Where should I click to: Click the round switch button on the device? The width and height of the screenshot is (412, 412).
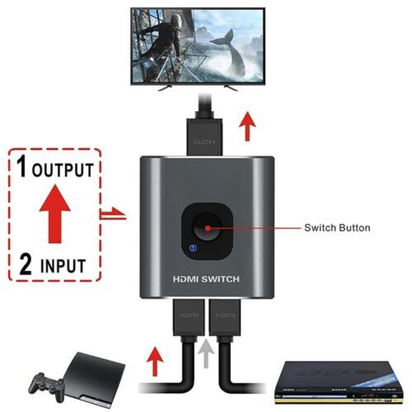point(208,227)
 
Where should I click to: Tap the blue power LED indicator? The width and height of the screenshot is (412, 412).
point(194,248)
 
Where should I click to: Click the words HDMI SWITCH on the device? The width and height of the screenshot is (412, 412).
point(206,279)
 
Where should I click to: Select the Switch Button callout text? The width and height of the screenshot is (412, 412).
point(337,227)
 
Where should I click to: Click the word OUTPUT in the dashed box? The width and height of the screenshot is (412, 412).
point(63,170)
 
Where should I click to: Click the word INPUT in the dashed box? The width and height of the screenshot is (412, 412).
point(63,265)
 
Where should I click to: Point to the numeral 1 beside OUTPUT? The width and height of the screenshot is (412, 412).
point(22,166)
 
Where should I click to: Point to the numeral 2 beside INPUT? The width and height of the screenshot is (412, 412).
point(26,264)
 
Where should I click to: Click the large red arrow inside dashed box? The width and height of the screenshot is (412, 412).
point(55,213)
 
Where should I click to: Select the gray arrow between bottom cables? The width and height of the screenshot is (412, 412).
point(206,353)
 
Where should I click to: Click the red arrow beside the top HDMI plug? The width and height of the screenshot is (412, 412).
point(247,126)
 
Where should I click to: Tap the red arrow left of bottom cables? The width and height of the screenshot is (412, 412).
point(155,361)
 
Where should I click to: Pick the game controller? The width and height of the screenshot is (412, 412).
point(46,386)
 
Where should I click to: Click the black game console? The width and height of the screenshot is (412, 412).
point(91,380)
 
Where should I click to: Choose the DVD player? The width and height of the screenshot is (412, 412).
point(339,383)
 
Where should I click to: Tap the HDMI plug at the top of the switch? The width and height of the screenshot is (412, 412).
point(204,136)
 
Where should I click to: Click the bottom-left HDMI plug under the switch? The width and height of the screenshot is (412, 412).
point(189,317)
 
